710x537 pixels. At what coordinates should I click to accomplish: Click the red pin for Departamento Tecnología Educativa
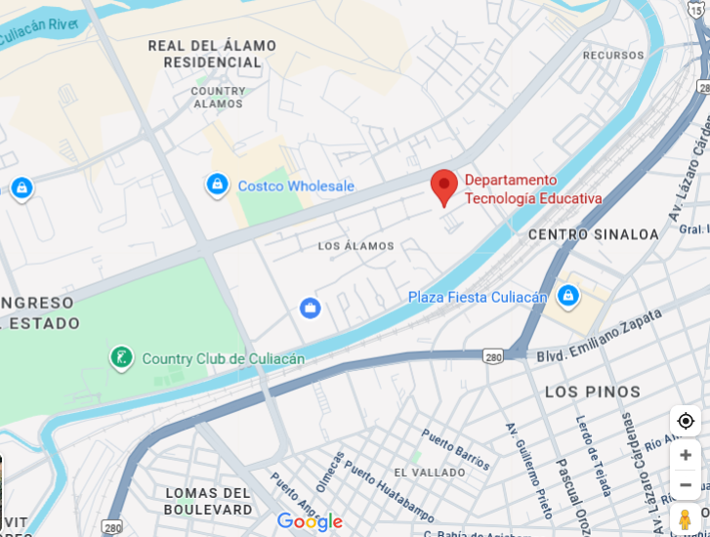pos(444,186)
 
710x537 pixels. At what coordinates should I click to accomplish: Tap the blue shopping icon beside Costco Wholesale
pos(217,185)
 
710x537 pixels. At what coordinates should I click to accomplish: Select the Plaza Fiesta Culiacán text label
pos(478,297)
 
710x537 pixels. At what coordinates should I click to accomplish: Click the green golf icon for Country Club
pos(122,358)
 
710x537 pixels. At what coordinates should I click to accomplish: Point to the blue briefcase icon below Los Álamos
pos(311,309)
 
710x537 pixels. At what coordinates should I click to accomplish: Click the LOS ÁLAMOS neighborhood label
pos(356,246)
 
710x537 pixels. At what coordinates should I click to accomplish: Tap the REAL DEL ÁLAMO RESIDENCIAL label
pos(212,54)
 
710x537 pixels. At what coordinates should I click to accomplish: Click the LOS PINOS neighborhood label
pos(593,392)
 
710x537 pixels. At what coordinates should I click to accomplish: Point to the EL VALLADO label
pos(430,473)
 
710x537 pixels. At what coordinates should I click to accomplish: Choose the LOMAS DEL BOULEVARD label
pos(208,501)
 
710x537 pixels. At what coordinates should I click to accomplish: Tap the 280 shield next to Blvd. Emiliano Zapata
pos(494,357)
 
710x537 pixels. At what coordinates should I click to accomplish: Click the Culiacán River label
pos(37,32)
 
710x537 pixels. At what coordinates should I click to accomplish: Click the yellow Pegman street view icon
pos(686,519)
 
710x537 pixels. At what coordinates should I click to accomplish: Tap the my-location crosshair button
pos(686,421)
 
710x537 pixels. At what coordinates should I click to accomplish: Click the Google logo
pos(310,522)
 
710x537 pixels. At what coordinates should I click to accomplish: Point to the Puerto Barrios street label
pos(456,448)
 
